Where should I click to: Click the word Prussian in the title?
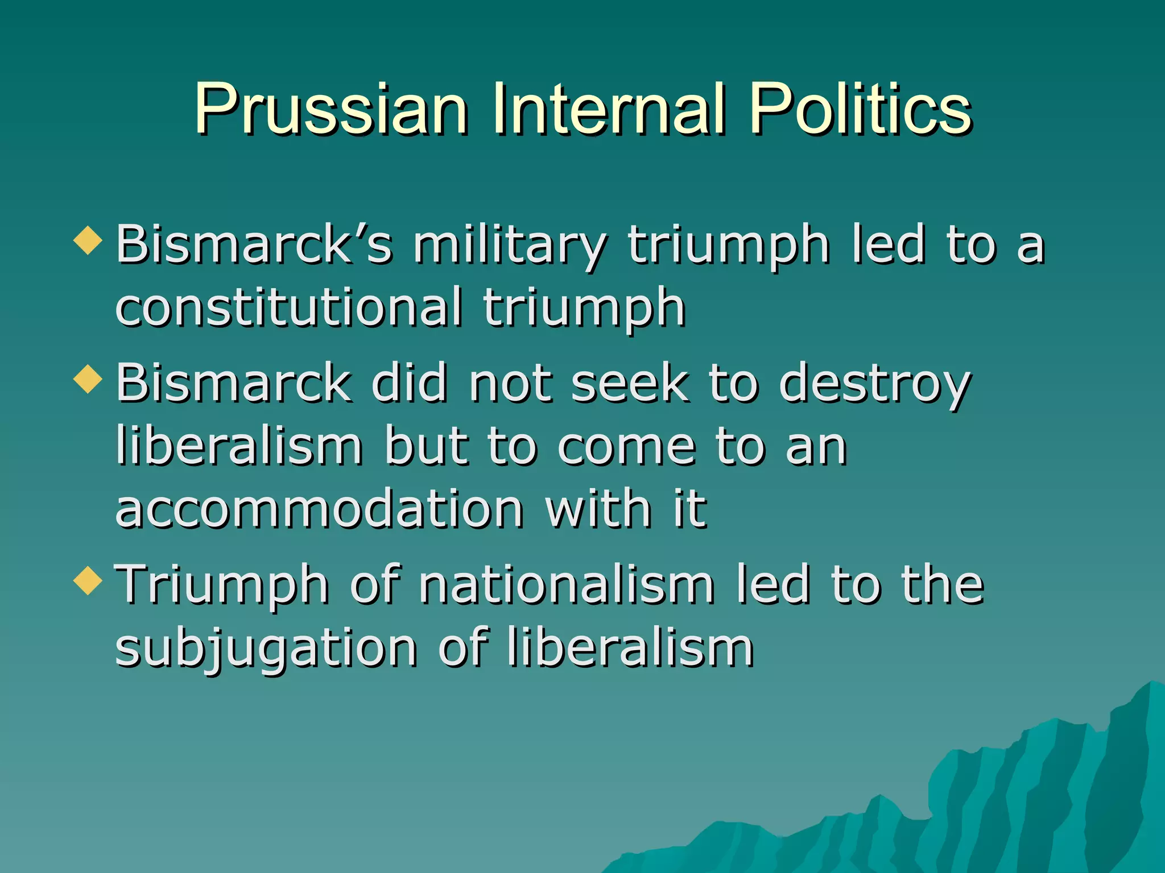(332, 109)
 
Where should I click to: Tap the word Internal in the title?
(609, 109)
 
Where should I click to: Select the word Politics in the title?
(860, 109)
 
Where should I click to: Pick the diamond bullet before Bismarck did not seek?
(88, 379)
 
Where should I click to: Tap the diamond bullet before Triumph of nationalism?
(88, 580)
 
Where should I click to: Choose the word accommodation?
(319, 508)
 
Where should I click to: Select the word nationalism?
(567, 585)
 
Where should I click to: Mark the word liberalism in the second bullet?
(239, 446)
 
